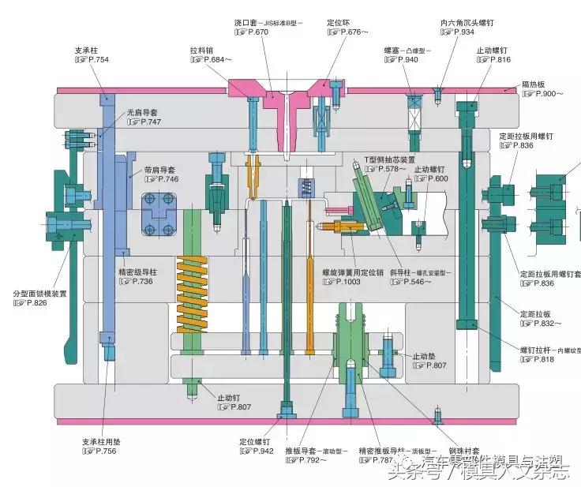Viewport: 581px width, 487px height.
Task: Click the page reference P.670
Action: (256, 32)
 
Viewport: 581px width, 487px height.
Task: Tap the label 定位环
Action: (338, 22)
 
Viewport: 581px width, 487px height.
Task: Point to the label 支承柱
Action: (86, 49)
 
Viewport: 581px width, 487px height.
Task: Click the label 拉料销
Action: (201, 49)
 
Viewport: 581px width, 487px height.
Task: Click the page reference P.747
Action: (145, 122)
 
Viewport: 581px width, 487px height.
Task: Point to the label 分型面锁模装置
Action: (39, 294)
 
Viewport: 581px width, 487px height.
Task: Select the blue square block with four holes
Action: (158, 215)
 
